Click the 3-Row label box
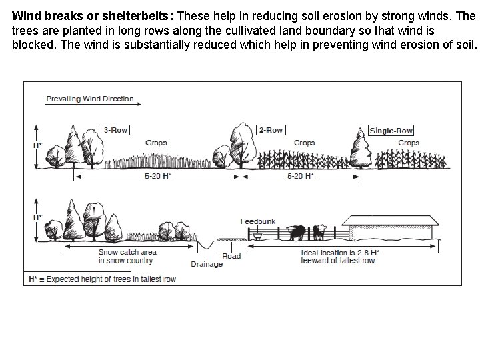coord(116,130)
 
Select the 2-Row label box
coord(271,130)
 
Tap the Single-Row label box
coord(391,131)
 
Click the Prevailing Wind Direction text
coord(90,99)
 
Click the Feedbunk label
coord(258,221)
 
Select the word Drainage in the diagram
coord(207,265)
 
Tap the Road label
coord(231,256)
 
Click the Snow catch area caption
coord(127,256)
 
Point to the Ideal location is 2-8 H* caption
coord(340,257)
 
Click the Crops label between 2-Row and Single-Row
coord(305,143)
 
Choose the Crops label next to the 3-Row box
coord(156,143)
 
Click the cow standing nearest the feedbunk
coord(297,232)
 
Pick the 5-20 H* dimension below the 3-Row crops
coord(158,176)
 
